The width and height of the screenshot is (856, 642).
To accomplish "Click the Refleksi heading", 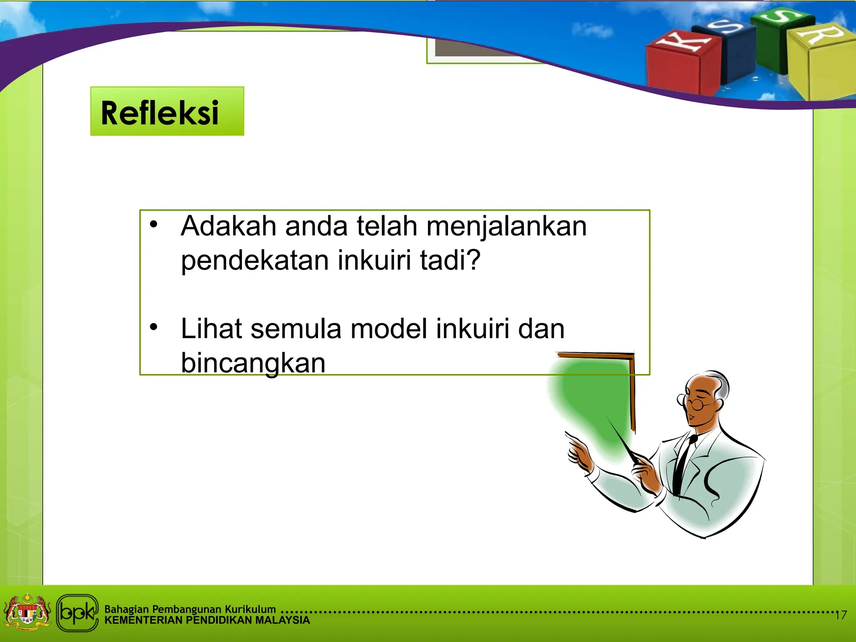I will click(x=160, y=113).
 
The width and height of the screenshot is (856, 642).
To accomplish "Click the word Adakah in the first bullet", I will click(x=229, y=226).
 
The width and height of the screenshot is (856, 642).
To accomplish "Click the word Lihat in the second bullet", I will click(x=211, y=329).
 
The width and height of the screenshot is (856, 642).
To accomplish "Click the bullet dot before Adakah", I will click(x=154, y=224).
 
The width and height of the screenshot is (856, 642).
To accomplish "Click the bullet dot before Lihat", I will click(x=154, y=326).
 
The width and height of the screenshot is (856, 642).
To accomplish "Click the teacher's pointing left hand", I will click(x=579, y=453).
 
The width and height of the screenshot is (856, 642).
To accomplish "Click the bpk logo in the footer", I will click(x=77, y=613).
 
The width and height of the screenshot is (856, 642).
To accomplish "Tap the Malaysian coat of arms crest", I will click(x=27, y=612).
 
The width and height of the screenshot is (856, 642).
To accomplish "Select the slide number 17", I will click(x=841, y=615).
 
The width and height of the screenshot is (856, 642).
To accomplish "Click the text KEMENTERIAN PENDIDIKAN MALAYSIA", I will click(x=207, y=620).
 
